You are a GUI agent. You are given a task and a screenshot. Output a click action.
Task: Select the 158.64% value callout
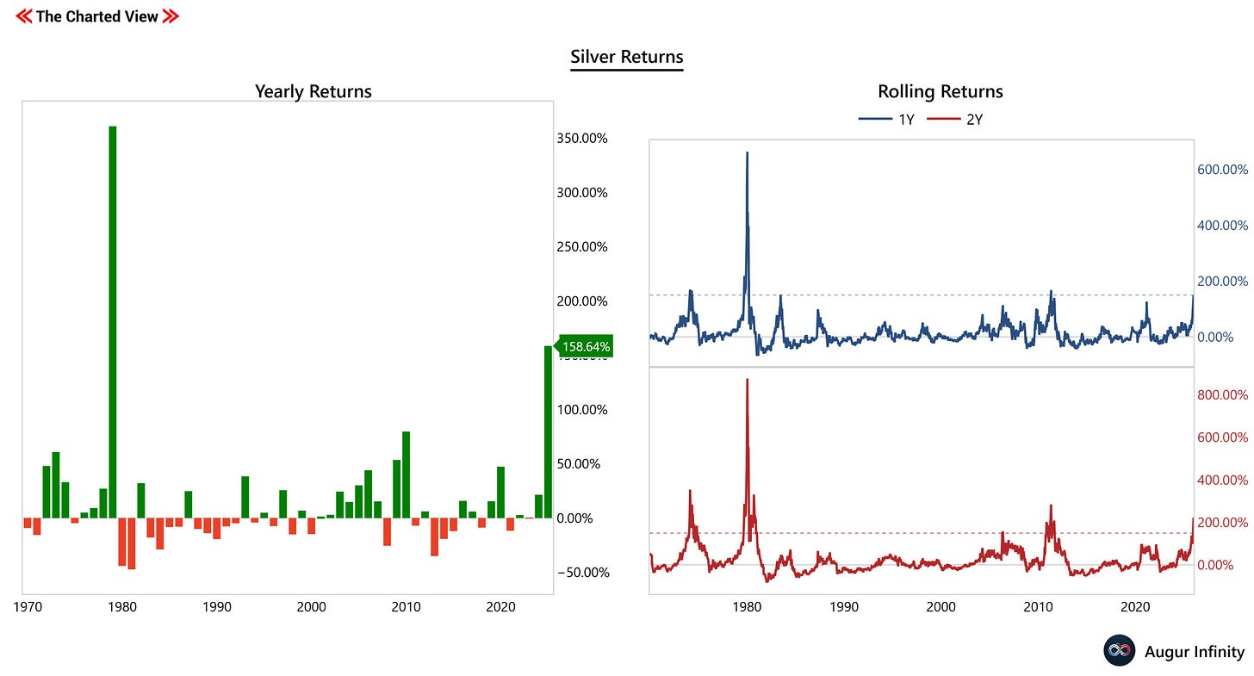pyautogui.click(x=586, y=347)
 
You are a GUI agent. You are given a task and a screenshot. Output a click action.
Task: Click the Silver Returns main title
pyautogui.click(x=626, y=58)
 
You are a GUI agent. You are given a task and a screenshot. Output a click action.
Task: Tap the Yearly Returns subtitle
pyautogui.click(x=313, y=91)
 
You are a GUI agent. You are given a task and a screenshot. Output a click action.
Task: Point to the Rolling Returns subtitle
pyautogui.click(x=940, y=91)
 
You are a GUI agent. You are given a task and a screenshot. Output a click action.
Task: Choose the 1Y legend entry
pyautogui.click(x=887, y=120)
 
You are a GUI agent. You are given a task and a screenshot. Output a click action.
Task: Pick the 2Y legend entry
pyautogui.click(x=955, y=120)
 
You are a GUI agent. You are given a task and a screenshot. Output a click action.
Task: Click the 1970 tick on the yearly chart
pyautogui.click(x=28, y=607)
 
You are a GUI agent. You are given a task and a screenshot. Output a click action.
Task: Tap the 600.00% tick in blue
pyautogui.click(x=1222, y=170)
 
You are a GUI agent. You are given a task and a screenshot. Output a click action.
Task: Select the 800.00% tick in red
pyautogui.click(x=1222, y=395)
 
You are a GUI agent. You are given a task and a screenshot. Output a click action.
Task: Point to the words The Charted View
pyautogui.click(x=97, y=16)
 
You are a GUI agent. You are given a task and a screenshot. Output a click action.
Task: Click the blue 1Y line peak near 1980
pyautogui.click(x=747, y=153)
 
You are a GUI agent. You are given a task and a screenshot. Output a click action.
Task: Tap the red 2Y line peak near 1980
pyautogui.click(x=747, y=380)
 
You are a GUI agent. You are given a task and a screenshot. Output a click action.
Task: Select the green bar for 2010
pyautogui.click(x=406, y=474)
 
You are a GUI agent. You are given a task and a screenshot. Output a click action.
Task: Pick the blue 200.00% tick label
pyautogui.click(x=1222, y=282)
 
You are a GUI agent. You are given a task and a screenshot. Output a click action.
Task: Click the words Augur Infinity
pyautogui.click(x=1194, y=652)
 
